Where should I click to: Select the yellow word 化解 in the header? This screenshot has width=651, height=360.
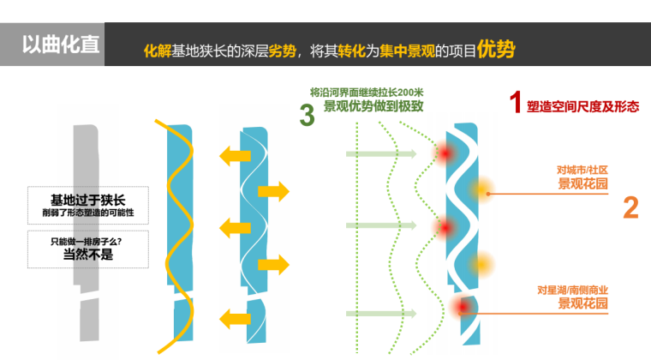158,51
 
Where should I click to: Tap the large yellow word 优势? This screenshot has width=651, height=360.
496,49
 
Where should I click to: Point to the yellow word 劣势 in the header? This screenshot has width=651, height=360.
283,51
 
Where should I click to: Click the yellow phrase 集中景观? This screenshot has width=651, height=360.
407,51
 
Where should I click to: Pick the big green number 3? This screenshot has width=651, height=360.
307,115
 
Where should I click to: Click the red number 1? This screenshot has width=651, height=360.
516,102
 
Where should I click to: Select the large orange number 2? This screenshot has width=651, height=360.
630,207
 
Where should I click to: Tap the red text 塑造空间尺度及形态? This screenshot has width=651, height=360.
583,106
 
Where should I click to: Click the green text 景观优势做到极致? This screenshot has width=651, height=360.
373,106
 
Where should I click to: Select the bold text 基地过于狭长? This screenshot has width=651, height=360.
87,200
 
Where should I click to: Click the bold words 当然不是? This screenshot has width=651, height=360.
88,254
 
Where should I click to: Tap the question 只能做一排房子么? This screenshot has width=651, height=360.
86,242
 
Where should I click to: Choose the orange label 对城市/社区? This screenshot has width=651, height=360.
582,170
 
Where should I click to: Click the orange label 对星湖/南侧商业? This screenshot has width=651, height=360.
572,290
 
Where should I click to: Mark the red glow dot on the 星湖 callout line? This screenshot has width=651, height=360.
462,307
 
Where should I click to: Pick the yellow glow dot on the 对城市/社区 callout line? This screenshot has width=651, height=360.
481,190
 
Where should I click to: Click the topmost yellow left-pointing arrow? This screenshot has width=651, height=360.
235,156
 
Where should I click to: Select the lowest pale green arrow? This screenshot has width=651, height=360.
381,314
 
